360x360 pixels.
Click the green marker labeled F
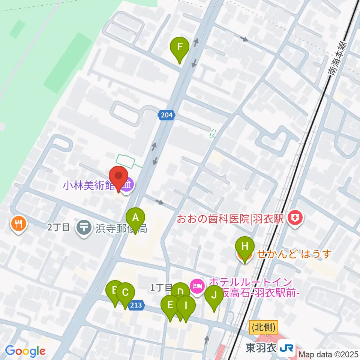click(180, 48)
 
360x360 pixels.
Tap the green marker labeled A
click(136, 217)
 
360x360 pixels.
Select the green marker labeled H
click(244, 247)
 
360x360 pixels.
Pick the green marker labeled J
click(214, 295)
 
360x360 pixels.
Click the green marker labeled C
click(125, 292)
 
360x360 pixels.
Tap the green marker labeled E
click(170, 304)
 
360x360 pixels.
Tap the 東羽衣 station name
click(261, 348)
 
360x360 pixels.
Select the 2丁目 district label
click(59, 227)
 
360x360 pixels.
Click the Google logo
click(25, 351)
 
